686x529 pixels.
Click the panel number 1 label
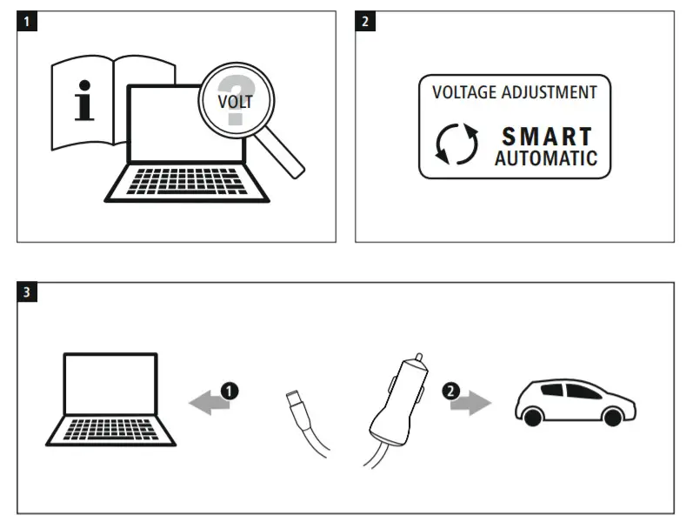coord(28,22)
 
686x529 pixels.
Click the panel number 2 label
coord(366,22)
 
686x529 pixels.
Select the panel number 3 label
coord(28,292)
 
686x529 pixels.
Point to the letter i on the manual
coord(84,103)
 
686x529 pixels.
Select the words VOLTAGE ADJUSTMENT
coord(515,92)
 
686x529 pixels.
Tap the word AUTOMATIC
coord(546,158)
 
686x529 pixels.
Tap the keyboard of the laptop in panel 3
coord(111,430)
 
